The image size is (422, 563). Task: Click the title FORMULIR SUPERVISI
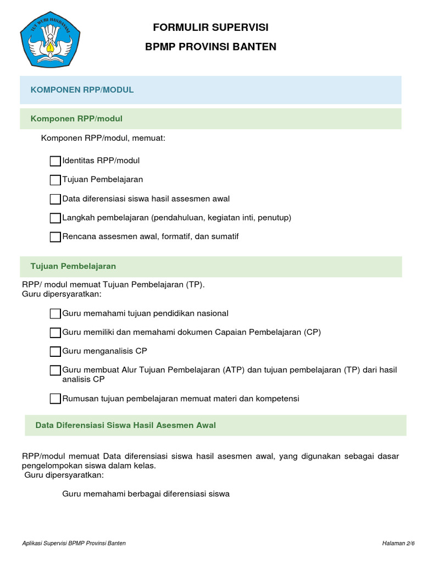(210, 27)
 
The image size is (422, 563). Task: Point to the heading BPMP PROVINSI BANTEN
(210, 47)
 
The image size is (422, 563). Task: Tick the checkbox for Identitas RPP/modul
(55, 161)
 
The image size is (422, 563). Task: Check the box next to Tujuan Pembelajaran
(55, 180)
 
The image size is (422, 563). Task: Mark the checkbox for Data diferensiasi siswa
(55, 199)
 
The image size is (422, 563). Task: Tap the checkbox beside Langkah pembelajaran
(55, 218)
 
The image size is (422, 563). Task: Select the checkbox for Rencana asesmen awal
(55, 237)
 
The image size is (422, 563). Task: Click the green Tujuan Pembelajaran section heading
(73, 266)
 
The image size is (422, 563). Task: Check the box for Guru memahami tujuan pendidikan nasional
(55, 313)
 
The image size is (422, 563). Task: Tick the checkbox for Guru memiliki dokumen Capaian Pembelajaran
(55, 333)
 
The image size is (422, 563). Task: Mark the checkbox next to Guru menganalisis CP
(55, 351)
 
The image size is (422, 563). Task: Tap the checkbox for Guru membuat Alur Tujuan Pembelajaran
(55, 370)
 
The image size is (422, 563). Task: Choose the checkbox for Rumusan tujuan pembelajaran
(55, 399)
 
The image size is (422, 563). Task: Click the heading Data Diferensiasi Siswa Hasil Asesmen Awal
(125, 425)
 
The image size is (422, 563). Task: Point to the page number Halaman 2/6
(398, 543)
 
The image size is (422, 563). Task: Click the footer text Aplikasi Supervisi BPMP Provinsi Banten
(74, 543)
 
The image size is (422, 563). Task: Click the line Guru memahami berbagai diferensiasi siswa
(146, 494)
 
